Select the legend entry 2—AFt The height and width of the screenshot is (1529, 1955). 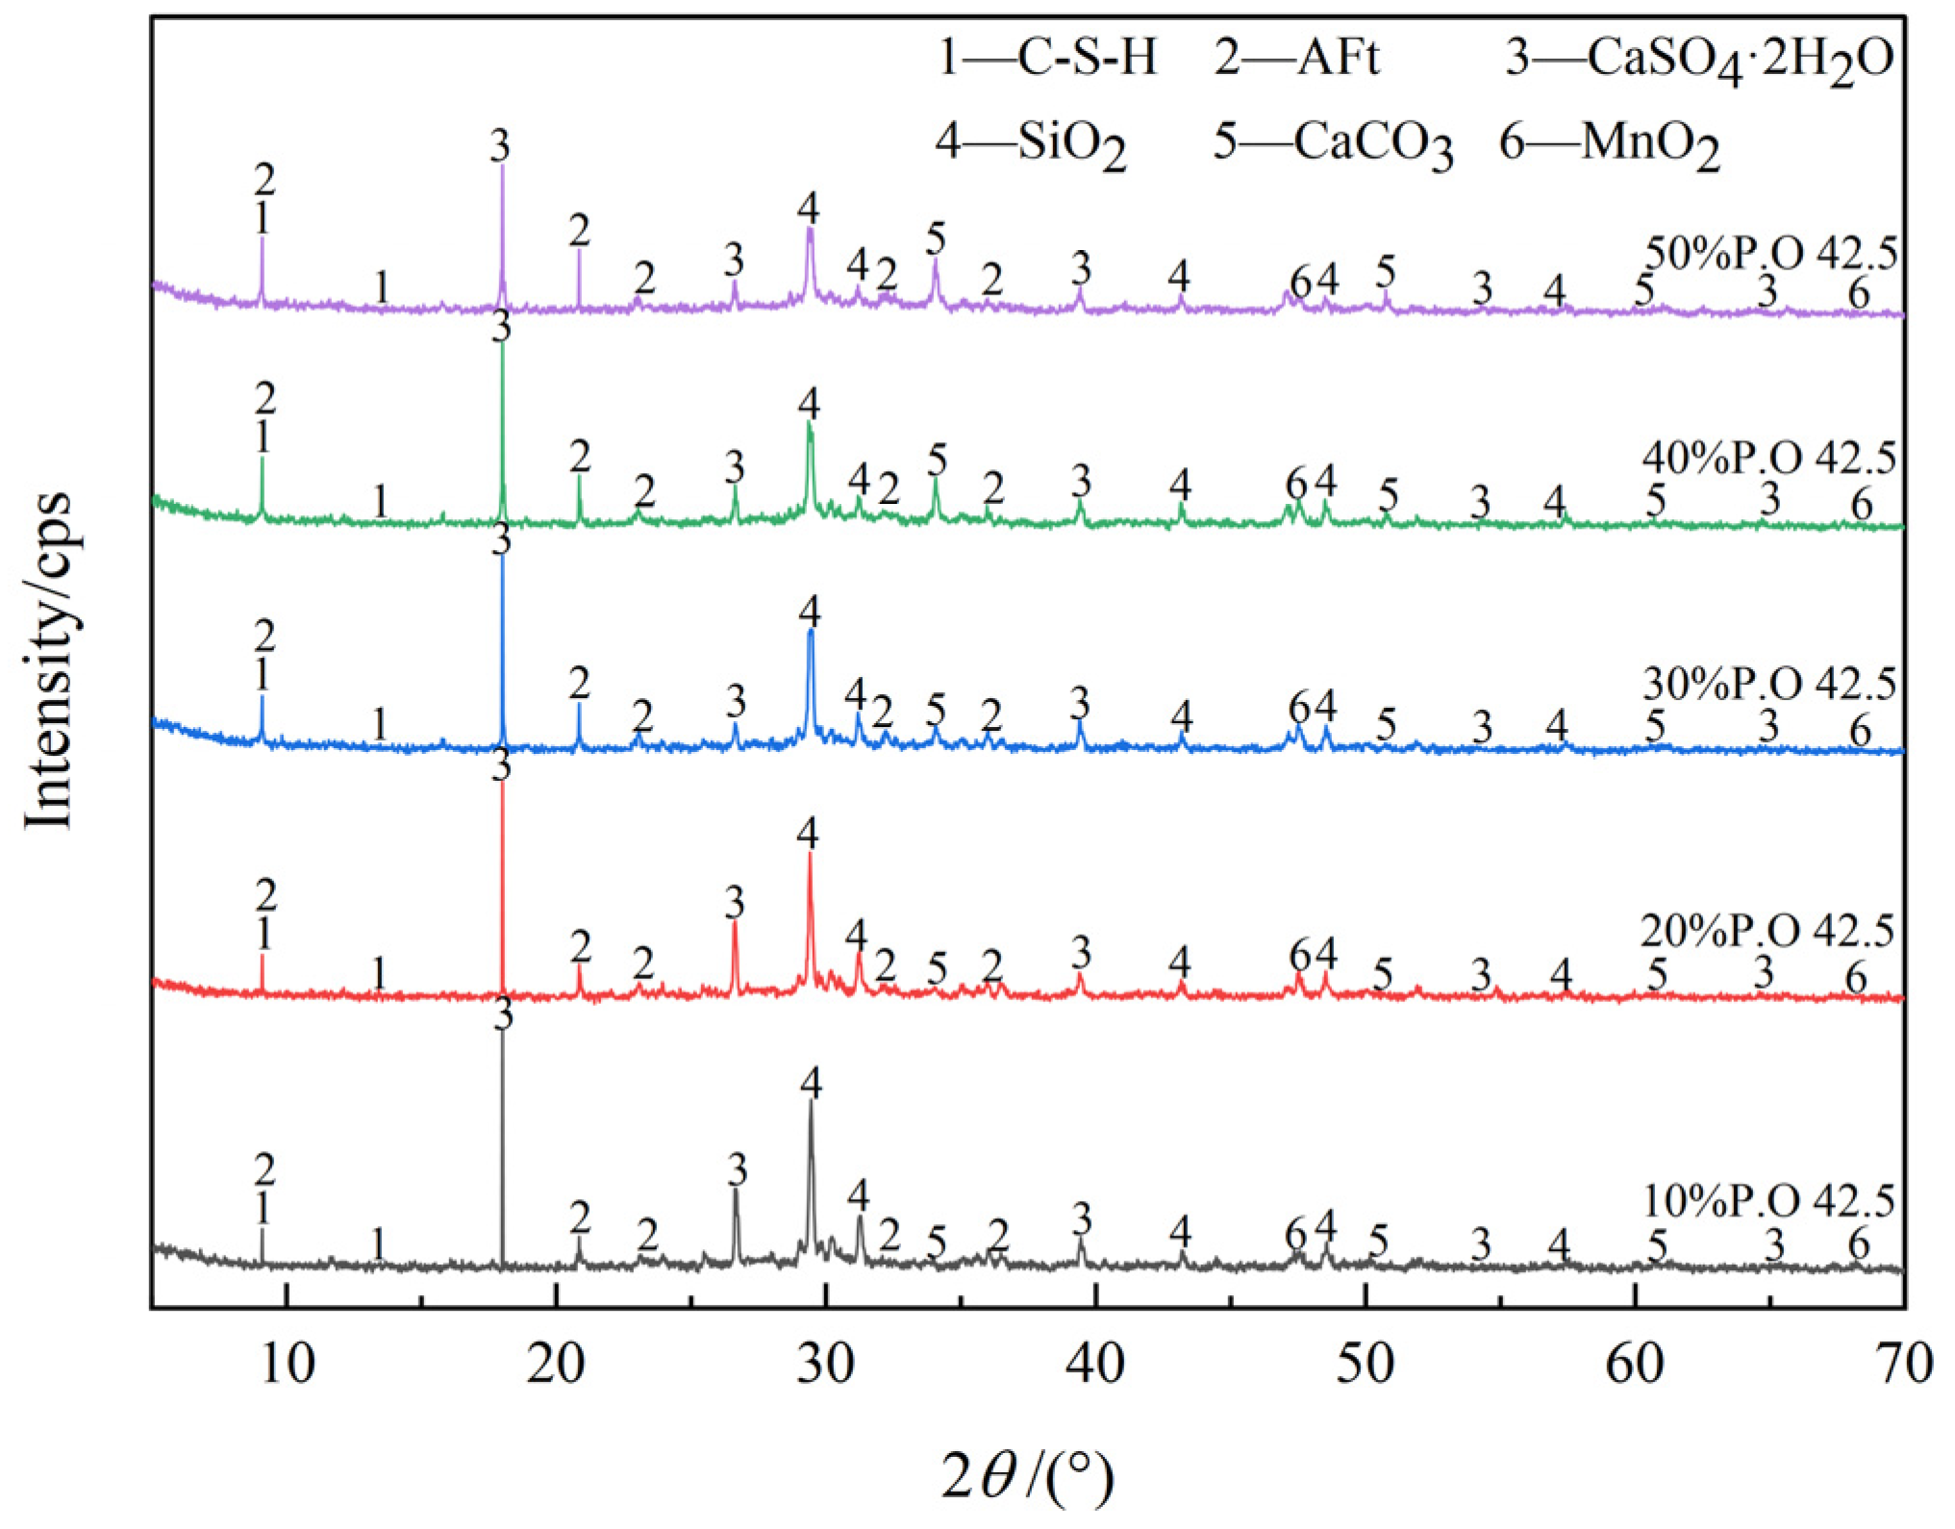pyautogui.click(x=1295, y=58)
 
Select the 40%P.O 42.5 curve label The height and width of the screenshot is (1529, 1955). pyautogui.click(x=1769, y=458)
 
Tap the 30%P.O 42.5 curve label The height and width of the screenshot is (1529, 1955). pyautogui.click(x=1769, y=684)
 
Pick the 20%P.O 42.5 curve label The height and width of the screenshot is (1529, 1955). pyautogui.click(x=1767, y=931)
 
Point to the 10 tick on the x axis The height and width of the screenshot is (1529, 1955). pyautogui.click(x=287, y=1365)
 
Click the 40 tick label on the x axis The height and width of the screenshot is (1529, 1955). pyautogui.click(x=1095, y=1365)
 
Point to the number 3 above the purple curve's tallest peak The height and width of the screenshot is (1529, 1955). pyautogui.click(x=500, y=146)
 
